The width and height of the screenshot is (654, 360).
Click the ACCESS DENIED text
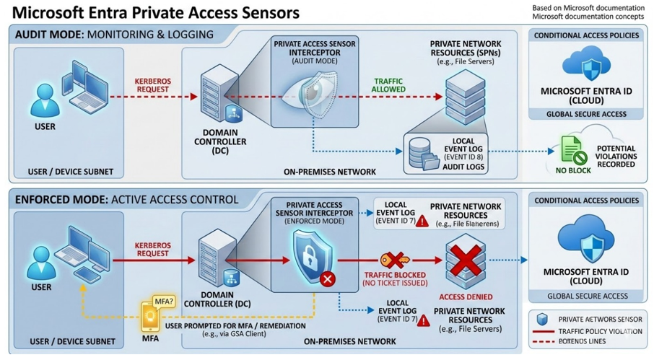click(x=466, y=296)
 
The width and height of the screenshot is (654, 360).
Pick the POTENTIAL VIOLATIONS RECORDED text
click(x=616, y=156)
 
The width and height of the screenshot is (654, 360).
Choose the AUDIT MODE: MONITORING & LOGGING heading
click(x=113, y=34)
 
